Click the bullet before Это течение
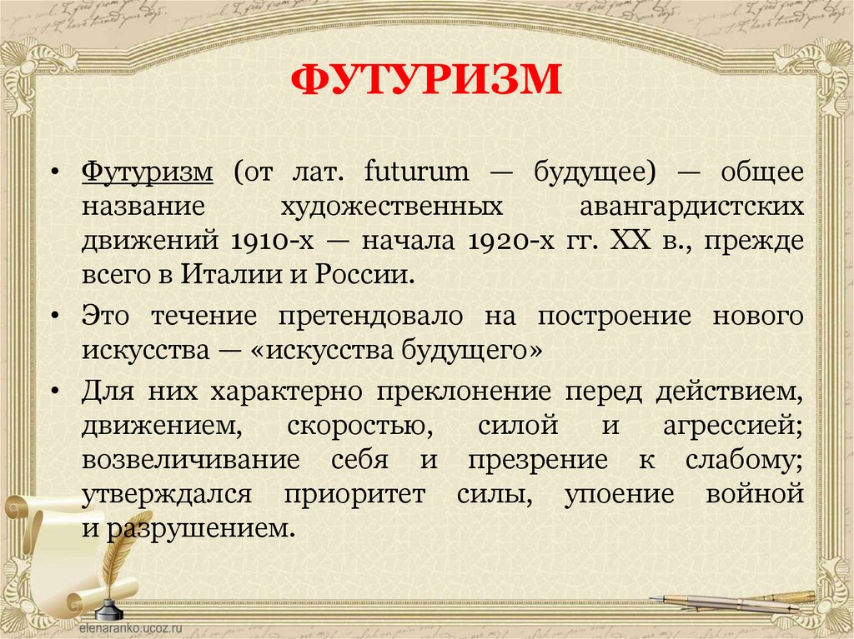54,318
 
